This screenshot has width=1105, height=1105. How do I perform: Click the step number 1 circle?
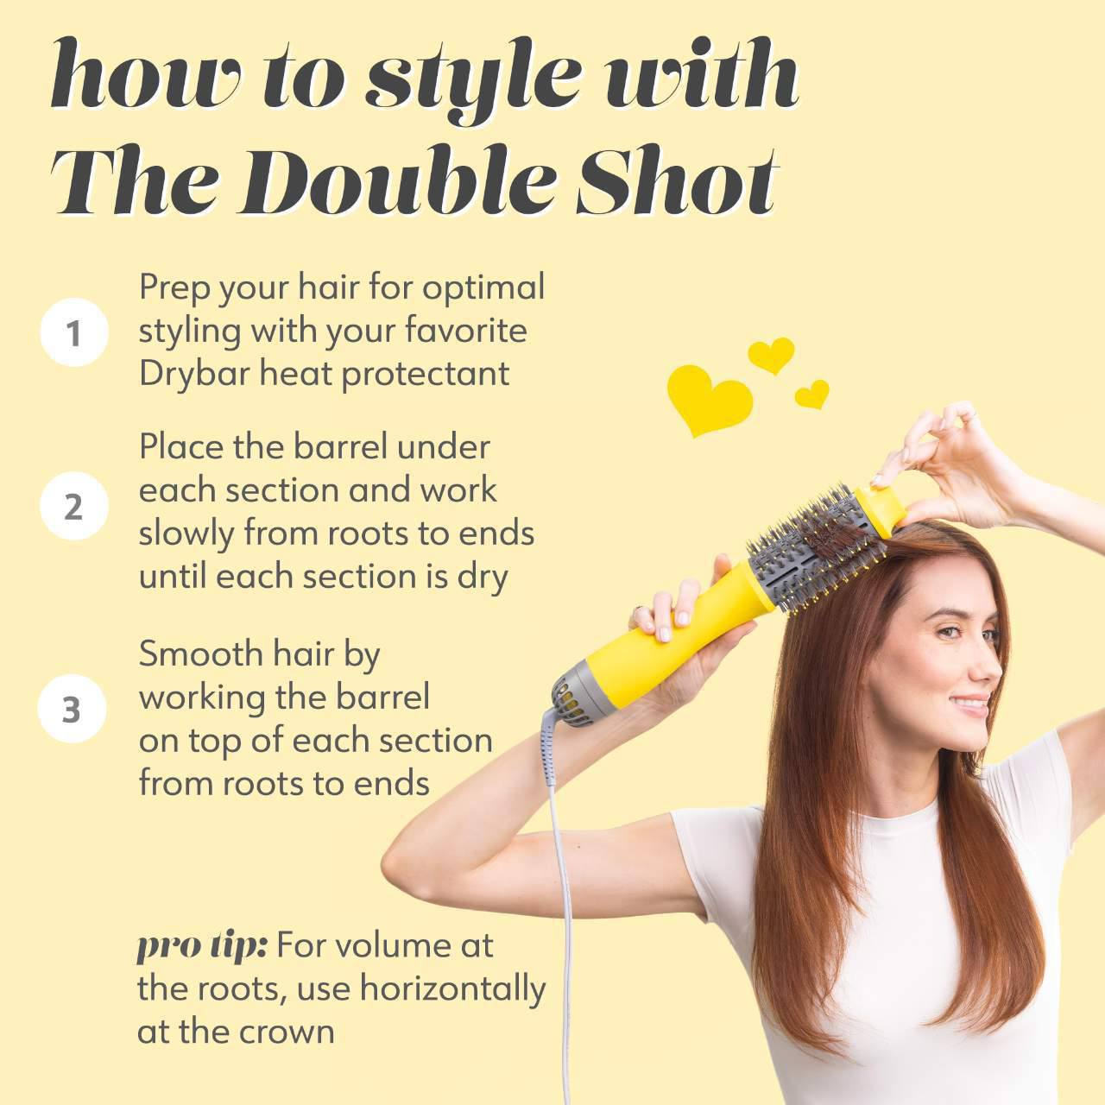73,332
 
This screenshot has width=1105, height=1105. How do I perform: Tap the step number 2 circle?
73,507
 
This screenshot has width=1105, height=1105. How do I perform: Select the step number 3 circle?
72,710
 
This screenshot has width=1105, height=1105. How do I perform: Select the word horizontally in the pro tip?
452,989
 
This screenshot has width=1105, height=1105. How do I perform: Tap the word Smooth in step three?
187,654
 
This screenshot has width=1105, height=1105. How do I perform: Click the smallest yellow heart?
811,395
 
